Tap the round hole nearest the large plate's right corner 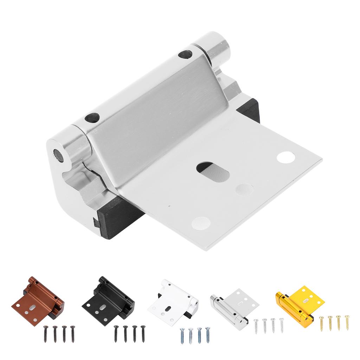(x=285, y=157)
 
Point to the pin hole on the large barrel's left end (x=57, y=155)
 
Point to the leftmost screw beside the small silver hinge (x=256, y=326)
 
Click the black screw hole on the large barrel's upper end (x=185, y=54)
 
